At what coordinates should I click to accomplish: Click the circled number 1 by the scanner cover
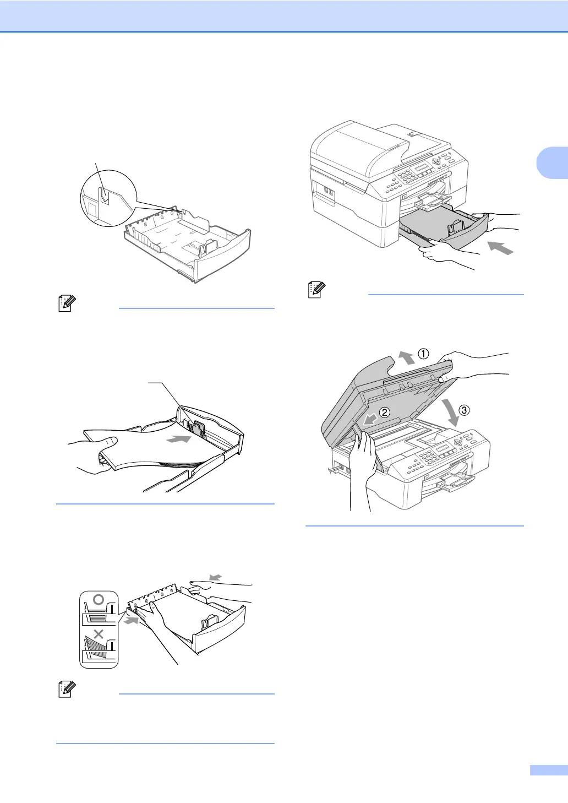pyautogui.click(x=423, y=354)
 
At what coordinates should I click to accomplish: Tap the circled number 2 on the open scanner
pyautogui.click(x=385, y=412)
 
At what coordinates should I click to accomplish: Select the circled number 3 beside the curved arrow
pyautogui.click(x=465, y=410)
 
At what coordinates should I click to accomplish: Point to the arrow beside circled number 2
pyautogui.click(x=370, y=420)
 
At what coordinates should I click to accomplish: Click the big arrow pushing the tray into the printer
pyautogui.click(x=500, y=246)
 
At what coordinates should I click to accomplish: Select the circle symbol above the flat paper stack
pyautogui.click(x=99, y=599)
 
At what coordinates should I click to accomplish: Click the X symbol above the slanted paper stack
pyautogui.click(x=99, y=634)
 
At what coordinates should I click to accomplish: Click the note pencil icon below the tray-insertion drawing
pyautogui.click(x=316, y=290)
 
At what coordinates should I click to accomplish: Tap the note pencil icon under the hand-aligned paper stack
pyautogui.click(x=66, y=690)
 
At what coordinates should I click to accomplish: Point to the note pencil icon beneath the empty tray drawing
pyautogui.click(x=66, y=304)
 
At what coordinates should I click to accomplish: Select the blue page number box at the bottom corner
pyautogui.click(x=548, y=771)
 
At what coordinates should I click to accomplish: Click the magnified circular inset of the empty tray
pyautogui.click(x=108, y=198)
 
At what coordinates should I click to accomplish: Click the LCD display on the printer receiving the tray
pyautogui.click(x=422, y=167)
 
